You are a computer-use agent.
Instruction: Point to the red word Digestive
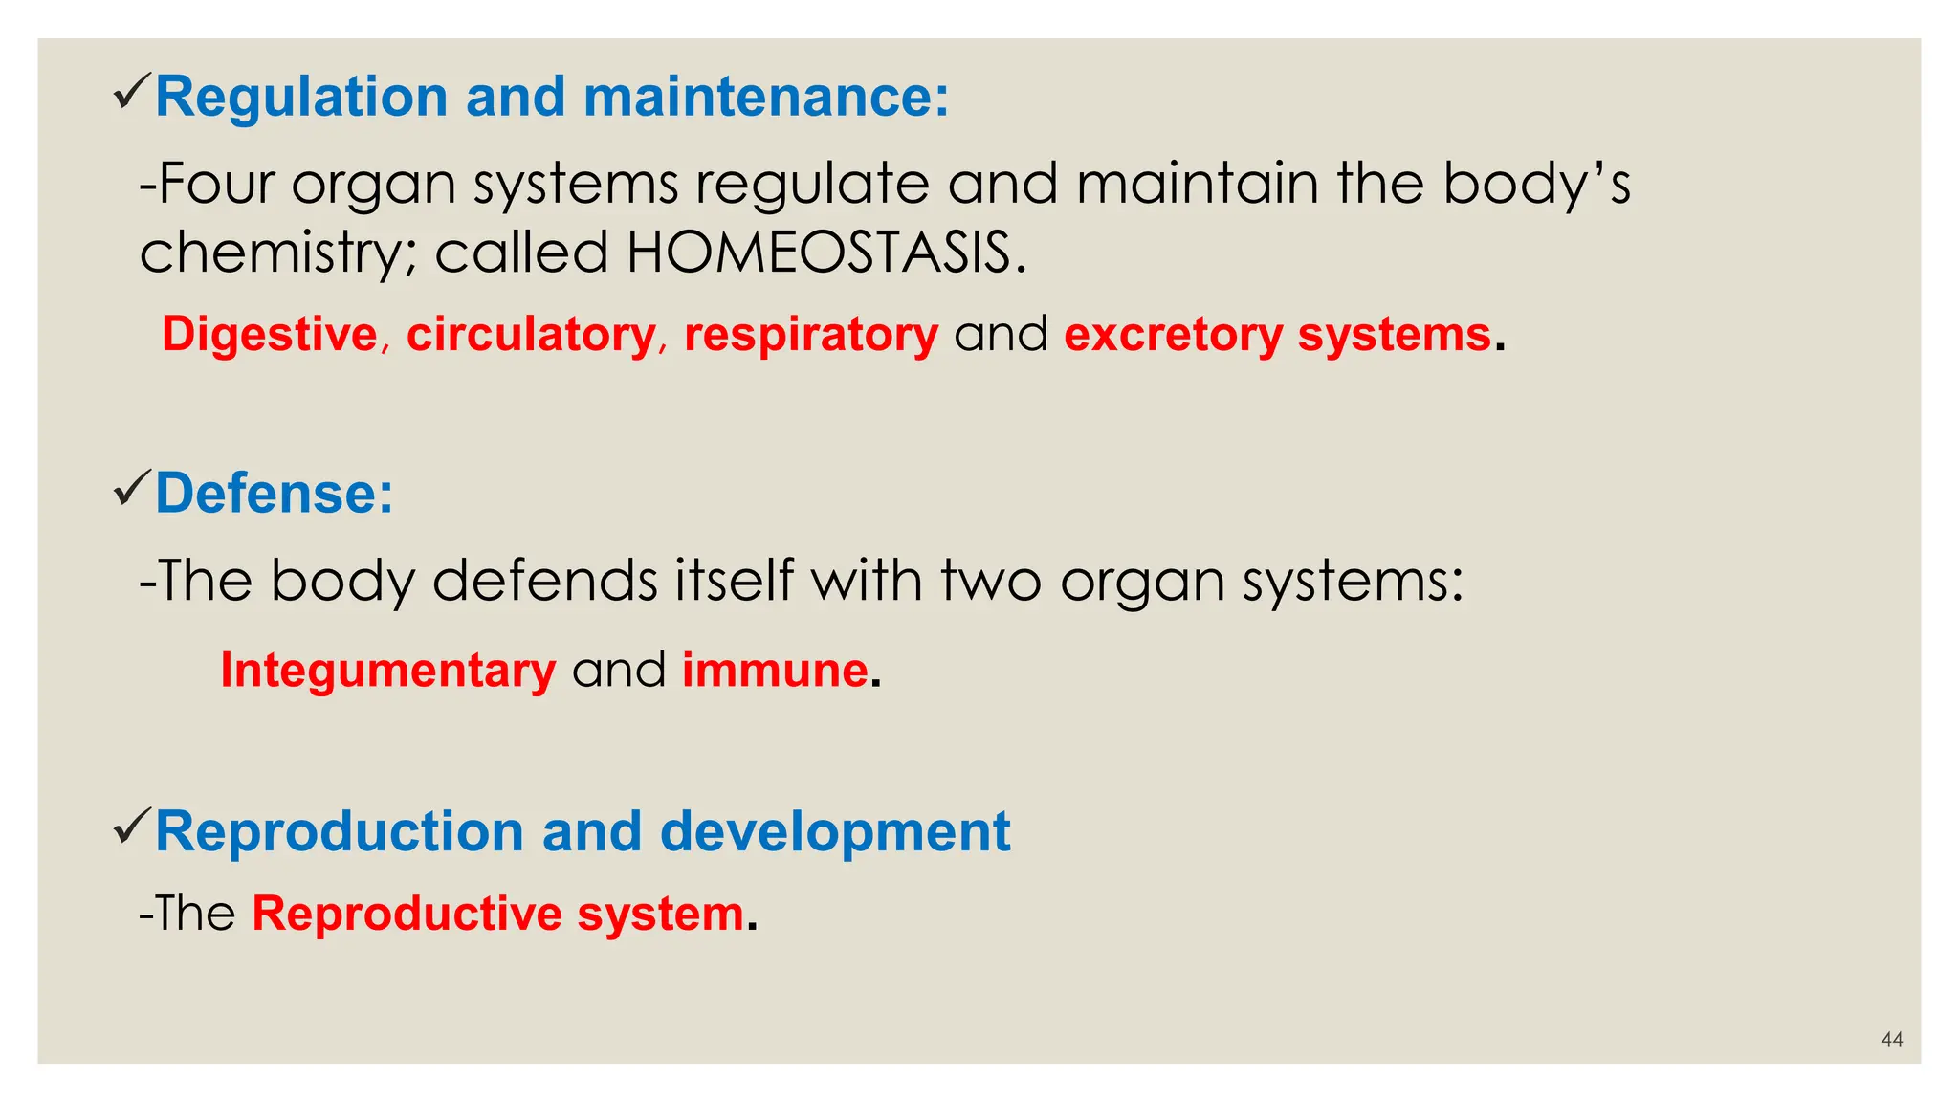pos(270,335)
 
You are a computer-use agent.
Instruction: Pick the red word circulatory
pos(531,335)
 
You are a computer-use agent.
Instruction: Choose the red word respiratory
pos(811,335)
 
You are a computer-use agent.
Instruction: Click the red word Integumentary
pos(387,670)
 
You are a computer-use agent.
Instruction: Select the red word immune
pos(775,670)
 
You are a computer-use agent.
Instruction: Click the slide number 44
pos(1891,1039)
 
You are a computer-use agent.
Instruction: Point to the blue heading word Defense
pos(274,494)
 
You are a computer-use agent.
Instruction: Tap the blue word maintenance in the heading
pos(765,98)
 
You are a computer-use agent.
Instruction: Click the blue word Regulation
pos(301,98)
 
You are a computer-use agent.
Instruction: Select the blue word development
pos(834,831)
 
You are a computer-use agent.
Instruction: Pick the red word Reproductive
pos(407,914)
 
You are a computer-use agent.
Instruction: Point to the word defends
pos(545,581)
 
